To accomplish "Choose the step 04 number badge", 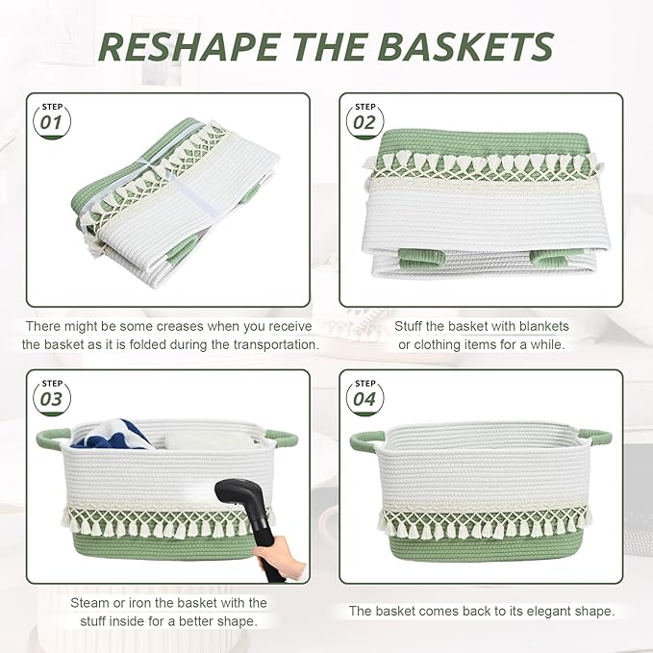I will (x=364, y=397).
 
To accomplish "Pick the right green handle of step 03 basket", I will (x=282, y=438).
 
